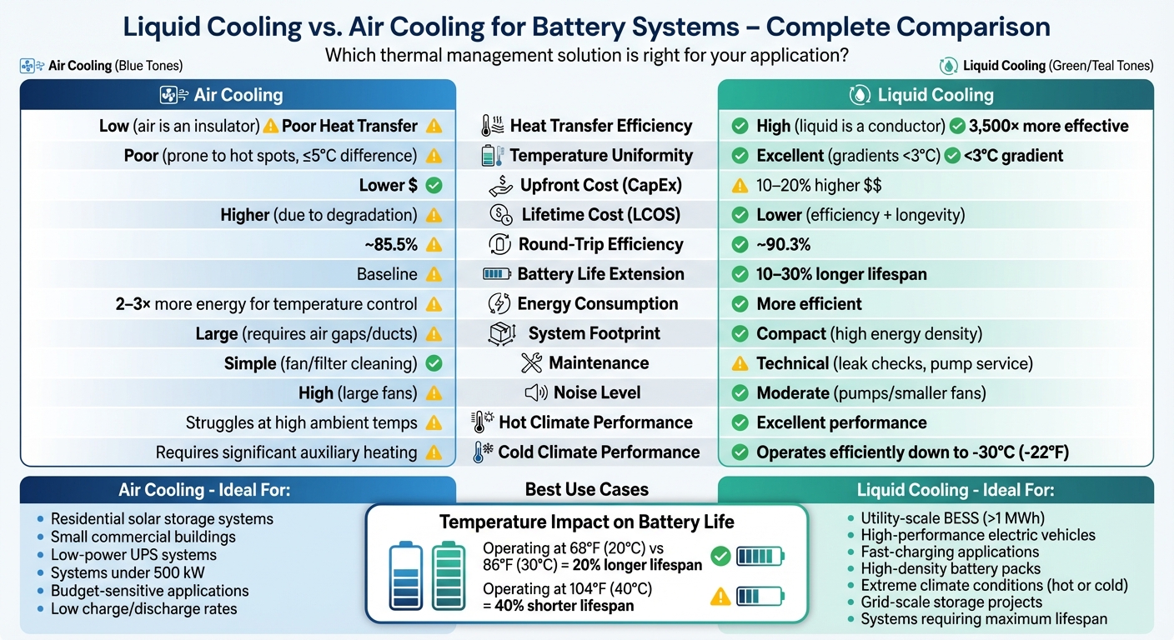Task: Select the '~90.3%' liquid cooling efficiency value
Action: pyautogui.click(x=783, y=245)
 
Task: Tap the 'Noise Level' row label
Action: pyautogui.click(x=597, y=392)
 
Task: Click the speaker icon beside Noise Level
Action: pyautogui.click(x=535, y=392)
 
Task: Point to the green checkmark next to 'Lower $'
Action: pyautogui.click(x=434, y=185)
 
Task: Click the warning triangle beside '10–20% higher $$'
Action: pyautogui.click(x=739, y=185)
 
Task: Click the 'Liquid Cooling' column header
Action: pyautogui.click(x=936, y=95)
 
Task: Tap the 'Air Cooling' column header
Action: pyautogui.click(x=238, y=95)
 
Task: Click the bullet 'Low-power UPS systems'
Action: pyautogui.click(x=133, y=555)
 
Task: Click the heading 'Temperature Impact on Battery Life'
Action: pyautogui.click(x=587, y=522)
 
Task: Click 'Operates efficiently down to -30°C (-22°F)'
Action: pyautogui.click(x=912, y=452)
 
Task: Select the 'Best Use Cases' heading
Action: pyautogui.click(x=587, y=490)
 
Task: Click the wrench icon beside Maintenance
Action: pyautogui.click(x=531, y=363)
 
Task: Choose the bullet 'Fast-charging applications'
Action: pyautogui.click(x=950, y=552)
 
